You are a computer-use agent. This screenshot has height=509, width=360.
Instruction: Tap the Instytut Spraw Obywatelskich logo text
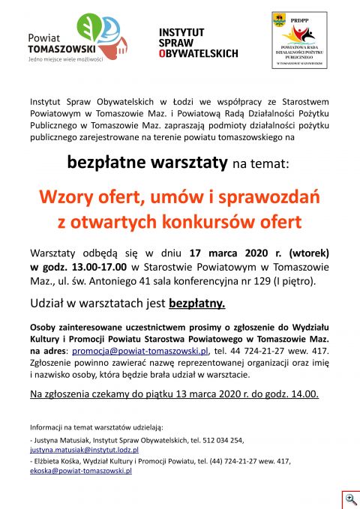tap(198, 42)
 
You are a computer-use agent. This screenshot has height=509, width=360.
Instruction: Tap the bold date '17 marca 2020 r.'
tap(227, 252)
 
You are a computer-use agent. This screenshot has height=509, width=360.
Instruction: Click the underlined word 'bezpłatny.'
tap(196, 304)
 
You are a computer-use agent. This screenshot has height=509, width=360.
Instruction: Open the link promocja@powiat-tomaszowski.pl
tap(140, 351)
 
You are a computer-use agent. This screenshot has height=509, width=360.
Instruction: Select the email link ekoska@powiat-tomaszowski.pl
tap(81, 471)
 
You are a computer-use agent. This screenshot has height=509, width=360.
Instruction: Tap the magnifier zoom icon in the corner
tap(350, 499)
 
